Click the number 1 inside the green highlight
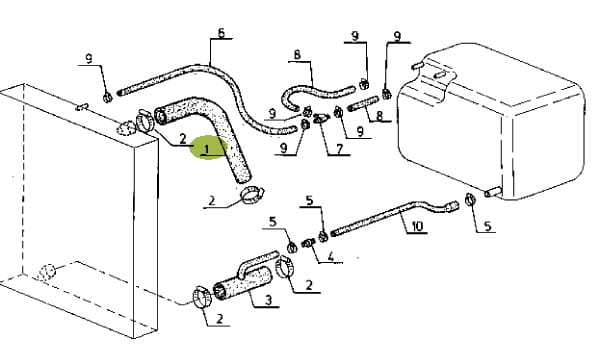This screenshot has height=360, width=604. tap(207, 149)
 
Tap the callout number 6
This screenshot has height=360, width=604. tap(221, 33)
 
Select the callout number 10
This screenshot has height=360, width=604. tap(417, 226)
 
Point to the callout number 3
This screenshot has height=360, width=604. tap(268, 300)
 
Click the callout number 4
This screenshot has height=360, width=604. tap(331, 257)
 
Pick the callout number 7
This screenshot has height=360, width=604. tap(339, 149)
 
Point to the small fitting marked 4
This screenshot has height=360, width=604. tap(309, 243)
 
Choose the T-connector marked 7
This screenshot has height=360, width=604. tap(321, 118)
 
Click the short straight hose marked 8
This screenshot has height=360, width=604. tap(363, 105)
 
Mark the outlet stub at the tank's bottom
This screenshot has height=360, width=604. tap(493, 192)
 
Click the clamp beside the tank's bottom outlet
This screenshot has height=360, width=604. tap(470, 199)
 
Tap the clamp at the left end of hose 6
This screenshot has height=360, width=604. tap(107, 97)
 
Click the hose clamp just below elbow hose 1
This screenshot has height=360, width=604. tap(252, 194)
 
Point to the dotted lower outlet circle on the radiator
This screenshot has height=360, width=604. tap(47, 273)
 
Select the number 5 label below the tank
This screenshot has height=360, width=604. tap(488, 226)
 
